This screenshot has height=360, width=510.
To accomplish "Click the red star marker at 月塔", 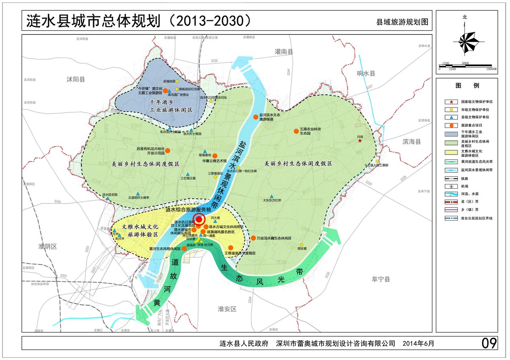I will click(x=360, y=141).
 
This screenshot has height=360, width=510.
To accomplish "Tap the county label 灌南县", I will click(x=284, y=52).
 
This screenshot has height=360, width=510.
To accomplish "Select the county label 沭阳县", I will click(x=76, y=79).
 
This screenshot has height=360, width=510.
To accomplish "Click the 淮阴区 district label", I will click(x=48, y=246).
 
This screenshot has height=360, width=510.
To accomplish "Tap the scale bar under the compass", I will click(x=465, y=66).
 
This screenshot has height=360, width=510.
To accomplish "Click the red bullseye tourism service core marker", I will click(x=200, y=219).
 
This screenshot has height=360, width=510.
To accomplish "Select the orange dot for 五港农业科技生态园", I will click(x=296, y=131).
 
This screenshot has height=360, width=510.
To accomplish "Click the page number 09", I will click(x=489, y=343).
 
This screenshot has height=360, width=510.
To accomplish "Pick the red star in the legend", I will click(x=451, y=102).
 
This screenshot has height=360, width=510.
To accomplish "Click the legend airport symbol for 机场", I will click(x=451, y=186).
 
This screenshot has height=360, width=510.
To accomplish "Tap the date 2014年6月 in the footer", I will click(x=418, y=343).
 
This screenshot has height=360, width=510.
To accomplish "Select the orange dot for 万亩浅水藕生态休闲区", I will click(x=253, y=238).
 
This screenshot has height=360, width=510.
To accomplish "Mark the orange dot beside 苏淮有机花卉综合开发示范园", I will click(x=167, y=151).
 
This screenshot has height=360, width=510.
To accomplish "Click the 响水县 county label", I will click(x=366, y=74).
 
